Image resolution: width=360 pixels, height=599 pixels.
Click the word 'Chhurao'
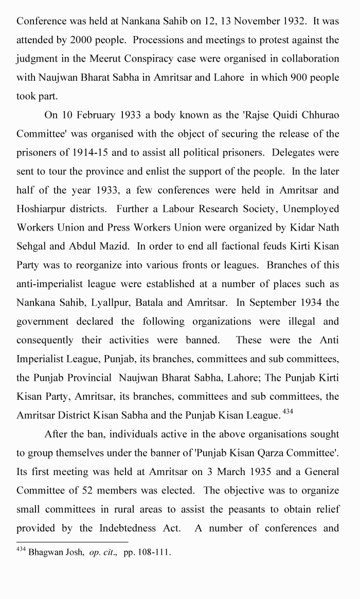click(x=317, y=115)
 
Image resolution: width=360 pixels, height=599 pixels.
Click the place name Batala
click(x=149, y=303)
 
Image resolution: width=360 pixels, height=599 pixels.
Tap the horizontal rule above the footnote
click(x=72, y=542)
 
